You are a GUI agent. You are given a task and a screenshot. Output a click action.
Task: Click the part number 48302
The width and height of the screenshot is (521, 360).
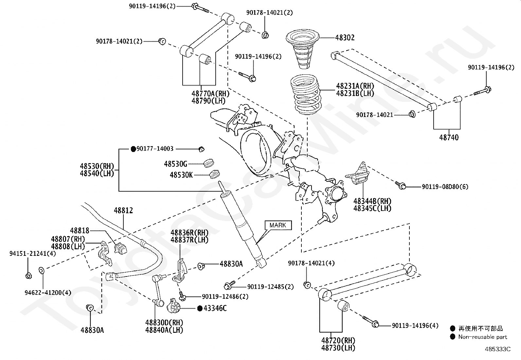pos(345,38)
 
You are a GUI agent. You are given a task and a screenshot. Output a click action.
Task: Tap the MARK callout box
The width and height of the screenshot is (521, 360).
pos(278,225)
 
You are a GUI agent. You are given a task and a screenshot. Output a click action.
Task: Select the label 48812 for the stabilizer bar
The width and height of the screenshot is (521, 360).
pos(123,211)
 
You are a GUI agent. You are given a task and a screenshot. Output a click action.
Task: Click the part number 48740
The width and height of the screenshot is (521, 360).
pos(449,137)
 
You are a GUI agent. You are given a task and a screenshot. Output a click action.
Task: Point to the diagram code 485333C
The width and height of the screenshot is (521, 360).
pos(497,349)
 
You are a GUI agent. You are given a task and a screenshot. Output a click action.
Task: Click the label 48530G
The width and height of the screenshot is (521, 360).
pos(176,164)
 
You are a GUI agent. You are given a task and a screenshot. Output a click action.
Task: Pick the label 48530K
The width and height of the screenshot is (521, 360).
pos(181,175)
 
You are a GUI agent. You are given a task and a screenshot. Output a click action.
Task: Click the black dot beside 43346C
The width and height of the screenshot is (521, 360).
pos(200,308)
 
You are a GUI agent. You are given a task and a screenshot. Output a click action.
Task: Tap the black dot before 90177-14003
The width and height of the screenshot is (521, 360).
pos(133,149)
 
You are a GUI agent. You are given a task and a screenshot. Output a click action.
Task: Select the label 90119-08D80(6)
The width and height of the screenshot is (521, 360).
pos(445,187)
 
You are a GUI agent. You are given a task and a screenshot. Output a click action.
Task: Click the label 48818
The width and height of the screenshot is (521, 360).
pos(80,231)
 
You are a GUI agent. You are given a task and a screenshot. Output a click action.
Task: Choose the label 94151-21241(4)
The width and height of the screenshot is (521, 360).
pos(33,253)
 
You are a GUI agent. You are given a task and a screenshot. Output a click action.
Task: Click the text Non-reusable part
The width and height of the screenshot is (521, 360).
pos(483,337)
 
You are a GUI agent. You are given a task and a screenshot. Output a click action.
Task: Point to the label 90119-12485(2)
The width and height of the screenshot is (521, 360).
pos(271,287)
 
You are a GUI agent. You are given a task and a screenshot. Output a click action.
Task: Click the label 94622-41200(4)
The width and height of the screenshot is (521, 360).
pos(48,293)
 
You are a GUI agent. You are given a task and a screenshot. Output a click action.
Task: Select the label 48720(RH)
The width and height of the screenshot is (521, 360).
pos(338,341)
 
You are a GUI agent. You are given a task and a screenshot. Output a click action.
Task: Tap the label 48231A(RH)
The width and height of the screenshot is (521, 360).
pos(355,86)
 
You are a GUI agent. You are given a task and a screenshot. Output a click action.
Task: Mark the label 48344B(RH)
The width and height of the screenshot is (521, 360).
pos(372,201)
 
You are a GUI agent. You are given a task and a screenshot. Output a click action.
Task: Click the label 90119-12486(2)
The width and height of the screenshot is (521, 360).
pos(225,296)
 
